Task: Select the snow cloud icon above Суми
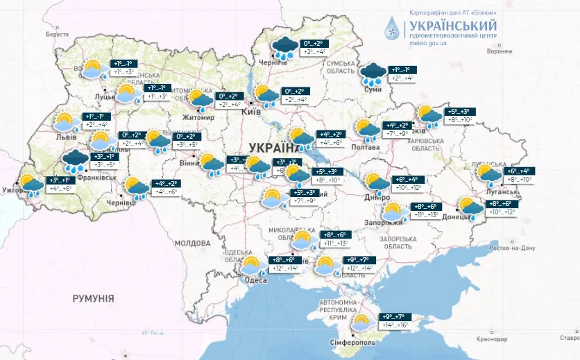click(373, 73)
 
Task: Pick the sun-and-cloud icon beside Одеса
click(250, 266)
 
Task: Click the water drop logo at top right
click(393, 28)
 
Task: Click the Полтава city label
click(365, 147)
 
